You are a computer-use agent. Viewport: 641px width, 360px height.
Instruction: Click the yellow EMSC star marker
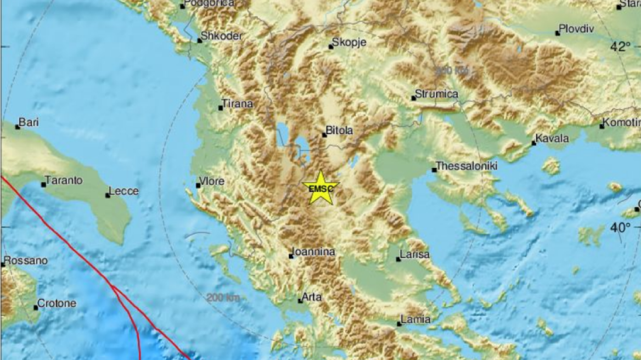click(x=320, y=188)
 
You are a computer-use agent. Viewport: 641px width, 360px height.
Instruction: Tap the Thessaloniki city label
click(x=458, y=165)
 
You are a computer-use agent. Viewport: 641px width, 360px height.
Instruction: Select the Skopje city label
click(x=348, y=42)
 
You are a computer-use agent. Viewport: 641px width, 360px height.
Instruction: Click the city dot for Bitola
click(x=324, y=134)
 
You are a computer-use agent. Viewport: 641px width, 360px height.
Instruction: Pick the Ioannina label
click(x=313, y=252)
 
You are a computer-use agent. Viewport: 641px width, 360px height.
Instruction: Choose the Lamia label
click(x=415, y=319)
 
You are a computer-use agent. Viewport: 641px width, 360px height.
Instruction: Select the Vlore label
click(x=212, y=181)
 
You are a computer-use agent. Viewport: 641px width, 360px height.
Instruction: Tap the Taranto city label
click(x=64, y=180)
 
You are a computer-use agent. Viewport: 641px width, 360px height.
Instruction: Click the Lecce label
click(x=123, y=191)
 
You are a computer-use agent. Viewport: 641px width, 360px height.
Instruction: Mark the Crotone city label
click(x=57, y=303)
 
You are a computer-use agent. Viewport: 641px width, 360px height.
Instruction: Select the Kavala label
click(x=552, y=139)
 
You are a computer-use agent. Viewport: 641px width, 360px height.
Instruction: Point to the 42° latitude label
click(x=621, y=47)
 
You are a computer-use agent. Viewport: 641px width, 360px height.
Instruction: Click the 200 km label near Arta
click(x=223, y=298)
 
